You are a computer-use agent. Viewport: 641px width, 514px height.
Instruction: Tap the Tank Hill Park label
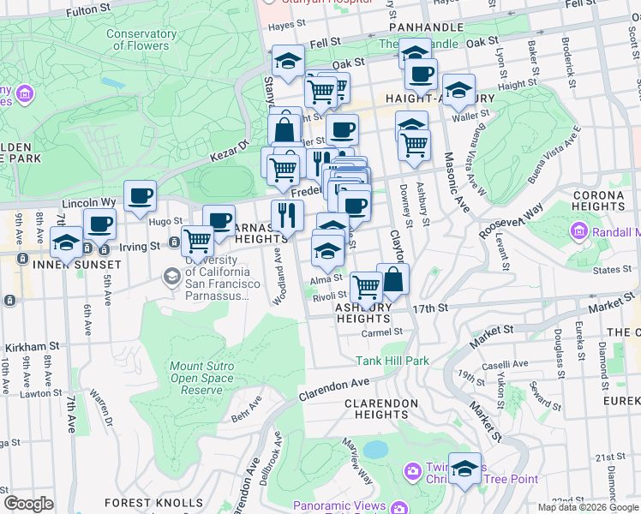392,361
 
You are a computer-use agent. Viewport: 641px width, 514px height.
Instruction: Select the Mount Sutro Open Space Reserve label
201,378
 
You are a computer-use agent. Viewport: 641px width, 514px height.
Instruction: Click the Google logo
28,503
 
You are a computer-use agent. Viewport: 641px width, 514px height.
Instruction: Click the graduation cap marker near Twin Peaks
465,469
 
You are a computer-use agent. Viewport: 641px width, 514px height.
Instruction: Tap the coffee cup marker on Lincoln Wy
139,196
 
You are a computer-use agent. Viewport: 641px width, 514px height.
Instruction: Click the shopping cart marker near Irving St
198,242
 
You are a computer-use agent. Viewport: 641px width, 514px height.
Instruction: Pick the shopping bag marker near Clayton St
392,279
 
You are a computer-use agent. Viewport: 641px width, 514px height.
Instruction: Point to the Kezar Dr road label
226,154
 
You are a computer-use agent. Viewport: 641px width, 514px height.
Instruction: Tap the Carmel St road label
381,332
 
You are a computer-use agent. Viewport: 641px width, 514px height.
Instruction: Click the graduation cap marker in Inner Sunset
65,242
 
